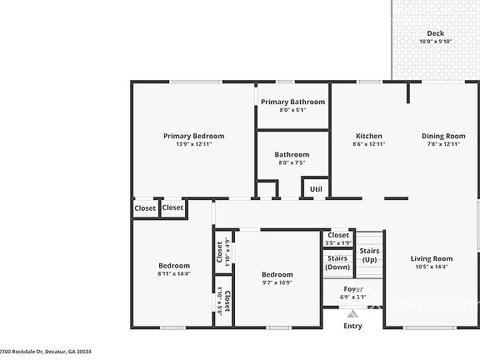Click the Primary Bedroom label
[x=193, y=136]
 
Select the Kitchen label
[x=369, y=136]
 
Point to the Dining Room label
[x=442, y=136]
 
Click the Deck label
[x=434, y=33]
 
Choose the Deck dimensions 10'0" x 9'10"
[x=434, y=42]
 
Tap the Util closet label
[x=316, y=189]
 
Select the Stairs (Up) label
[x=369, y=255]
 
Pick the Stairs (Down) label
[x=337, y=262]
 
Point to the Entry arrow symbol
[x=353, y=314]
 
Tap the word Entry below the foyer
[x=353, y=326]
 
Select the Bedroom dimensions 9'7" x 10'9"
[x=277, y=282]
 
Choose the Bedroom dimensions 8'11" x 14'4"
[x=174, y=273]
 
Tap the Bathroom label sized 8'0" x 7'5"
[x=292, y=154]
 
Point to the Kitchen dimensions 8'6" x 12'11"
[x=369, y=144]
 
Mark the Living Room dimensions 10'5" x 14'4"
[x=432, y=267]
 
